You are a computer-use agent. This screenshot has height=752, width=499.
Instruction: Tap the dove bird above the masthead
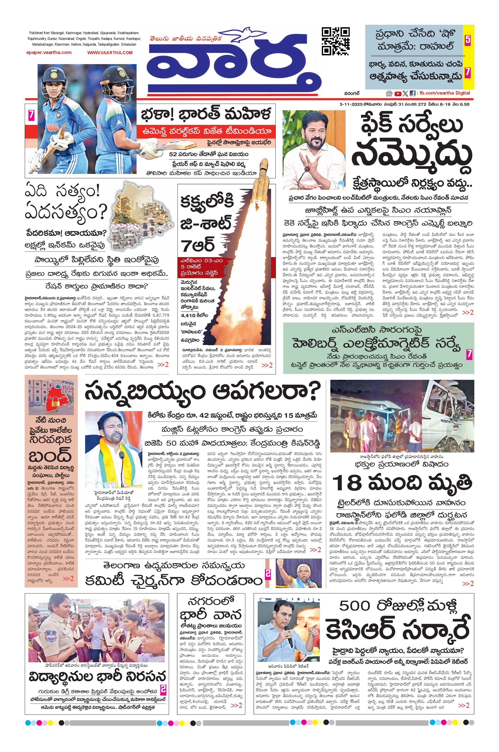tap(248, 34)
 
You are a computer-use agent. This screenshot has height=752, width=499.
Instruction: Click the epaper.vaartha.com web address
tap(49, 53)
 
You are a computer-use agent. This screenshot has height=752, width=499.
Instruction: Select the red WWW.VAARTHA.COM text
tap(110, 53)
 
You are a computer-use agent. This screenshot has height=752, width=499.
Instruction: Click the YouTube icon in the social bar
tap(397, 94)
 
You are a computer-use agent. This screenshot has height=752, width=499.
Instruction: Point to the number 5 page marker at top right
tap(467, 40)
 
